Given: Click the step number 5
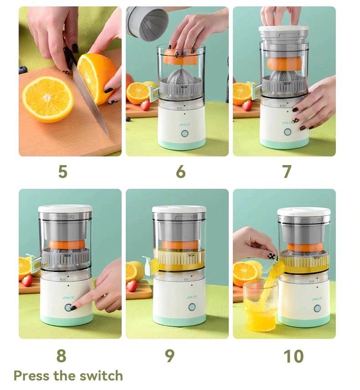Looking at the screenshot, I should click(x=63, y=172).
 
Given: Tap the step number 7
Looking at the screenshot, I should click(x=286, y=172).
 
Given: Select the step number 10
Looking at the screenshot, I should click(x=293, y=356).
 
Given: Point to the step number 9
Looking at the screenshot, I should click(x=170, y=356).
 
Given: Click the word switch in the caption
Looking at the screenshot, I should click(x=100, y=376).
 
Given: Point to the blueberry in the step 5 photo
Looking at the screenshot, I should click(x=23, y=70).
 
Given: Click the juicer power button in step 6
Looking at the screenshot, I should click(x=185, y=134).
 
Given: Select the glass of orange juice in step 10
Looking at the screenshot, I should click(x=259, y=307).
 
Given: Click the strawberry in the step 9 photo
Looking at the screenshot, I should click(x=132, y=286).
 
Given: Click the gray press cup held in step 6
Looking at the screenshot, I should click(x=147, y=23).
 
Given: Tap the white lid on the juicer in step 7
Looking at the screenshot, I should click(x=283, y=31).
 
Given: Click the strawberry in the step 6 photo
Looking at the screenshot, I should click(x=145, y=105).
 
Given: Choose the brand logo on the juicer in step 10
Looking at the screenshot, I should click(x=317, y=299).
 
